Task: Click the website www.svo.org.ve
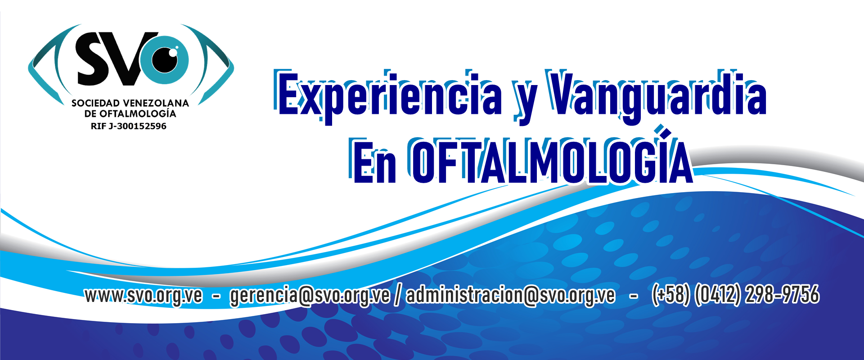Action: (x=144, y=296)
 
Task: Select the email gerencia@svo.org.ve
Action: (x=310, y=296)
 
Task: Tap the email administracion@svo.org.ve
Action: (x=511, y=296)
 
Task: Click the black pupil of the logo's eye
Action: (x=166, y=59)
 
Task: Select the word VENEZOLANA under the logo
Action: (x=156, y=103)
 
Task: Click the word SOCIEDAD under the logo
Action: (x=95, y=103)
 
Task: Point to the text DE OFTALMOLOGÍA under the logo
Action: (x=130, y=113)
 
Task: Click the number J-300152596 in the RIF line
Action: (x=137, y=126)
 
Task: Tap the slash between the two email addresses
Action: (x=398, y=296)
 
